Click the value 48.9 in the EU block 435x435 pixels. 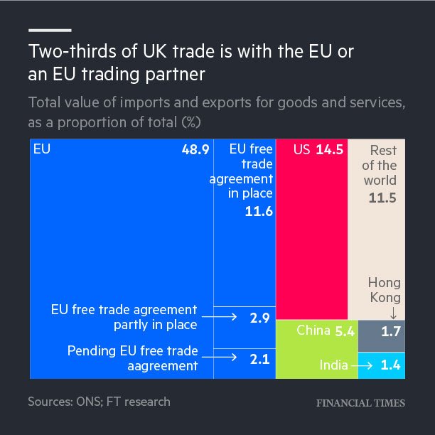pyautogui.click(x=195, y=151)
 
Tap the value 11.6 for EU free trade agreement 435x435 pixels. pyautogui.click(x=259, y=212)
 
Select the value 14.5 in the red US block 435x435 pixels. pyautogui.click(x=329, y=151)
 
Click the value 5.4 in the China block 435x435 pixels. pyautogui.click(x=344, y=330)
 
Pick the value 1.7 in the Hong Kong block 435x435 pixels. pyautogui.click(x=391, y=331)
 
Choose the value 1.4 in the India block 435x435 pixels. pyautogui.click(x=391, y=365)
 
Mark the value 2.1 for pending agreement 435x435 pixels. pyautogui.click(x=259, y=359)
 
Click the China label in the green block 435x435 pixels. pyautogui.click(x=313, y=330)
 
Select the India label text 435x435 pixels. pyautogui.click(x=333, y=365)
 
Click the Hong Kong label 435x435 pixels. pyautogui.click(x=384, y=291)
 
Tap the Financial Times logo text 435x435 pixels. pyautogui.click(x=360, y=403)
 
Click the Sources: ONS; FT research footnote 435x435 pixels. pyautogui.click(x=100, y=402)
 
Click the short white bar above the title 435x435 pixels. pyautogui.click(x=50, y=30)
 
